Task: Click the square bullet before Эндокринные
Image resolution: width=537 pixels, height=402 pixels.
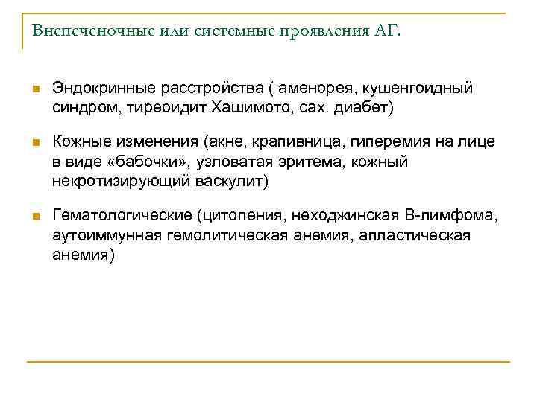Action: click(x=35, y=89)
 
